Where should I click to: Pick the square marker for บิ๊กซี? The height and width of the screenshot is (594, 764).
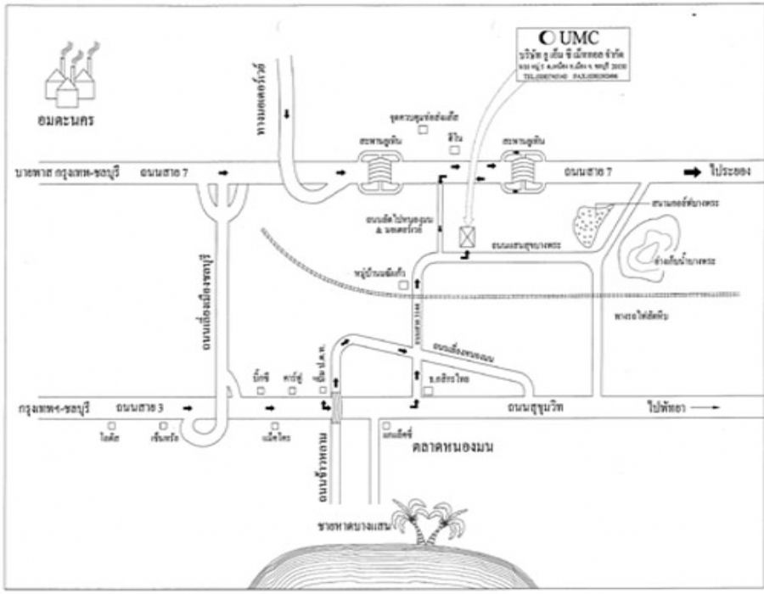point(261,391)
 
